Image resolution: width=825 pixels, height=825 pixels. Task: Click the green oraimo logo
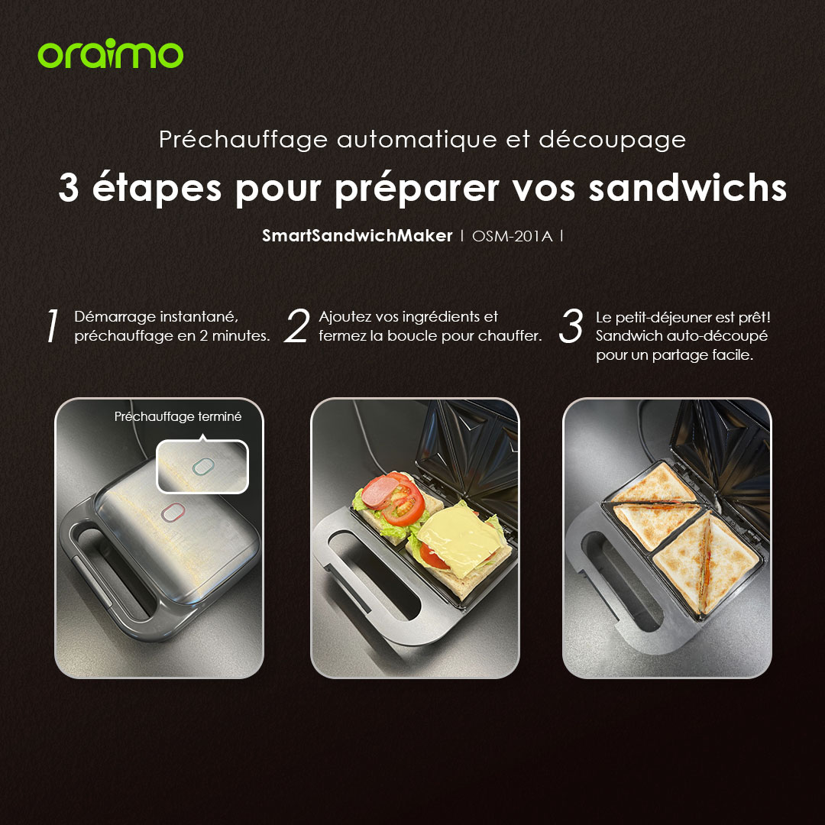click(x=111, y=53)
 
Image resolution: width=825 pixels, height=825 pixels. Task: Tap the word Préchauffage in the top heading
click(x=244, y=141)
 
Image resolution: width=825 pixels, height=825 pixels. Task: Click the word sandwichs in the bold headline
click(x=687, y=188)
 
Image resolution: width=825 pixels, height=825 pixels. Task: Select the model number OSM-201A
click(x=512, y=236)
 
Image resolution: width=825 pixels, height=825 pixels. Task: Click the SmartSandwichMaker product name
click(x=357, y=236)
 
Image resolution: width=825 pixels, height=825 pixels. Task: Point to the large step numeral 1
click(x=52, y=325)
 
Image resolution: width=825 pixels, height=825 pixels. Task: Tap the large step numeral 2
click(x=297, y=325)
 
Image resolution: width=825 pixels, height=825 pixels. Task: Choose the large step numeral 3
click(x=571, y=325)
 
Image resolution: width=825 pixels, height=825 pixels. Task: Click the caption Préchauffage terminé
click(x=178, y=417)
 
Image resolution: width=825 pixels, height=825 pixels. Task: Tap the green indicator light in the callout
click(x=203, y=466)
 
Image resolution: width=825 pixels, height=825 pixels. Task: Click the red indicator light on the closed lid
click(x=173, y=512)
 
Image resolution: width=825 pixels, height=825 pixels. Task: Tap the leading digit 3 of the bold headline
click(x=69, y=189)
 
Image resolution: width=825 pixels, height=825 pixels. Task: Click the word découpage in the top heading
click(x=612, y=141)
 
